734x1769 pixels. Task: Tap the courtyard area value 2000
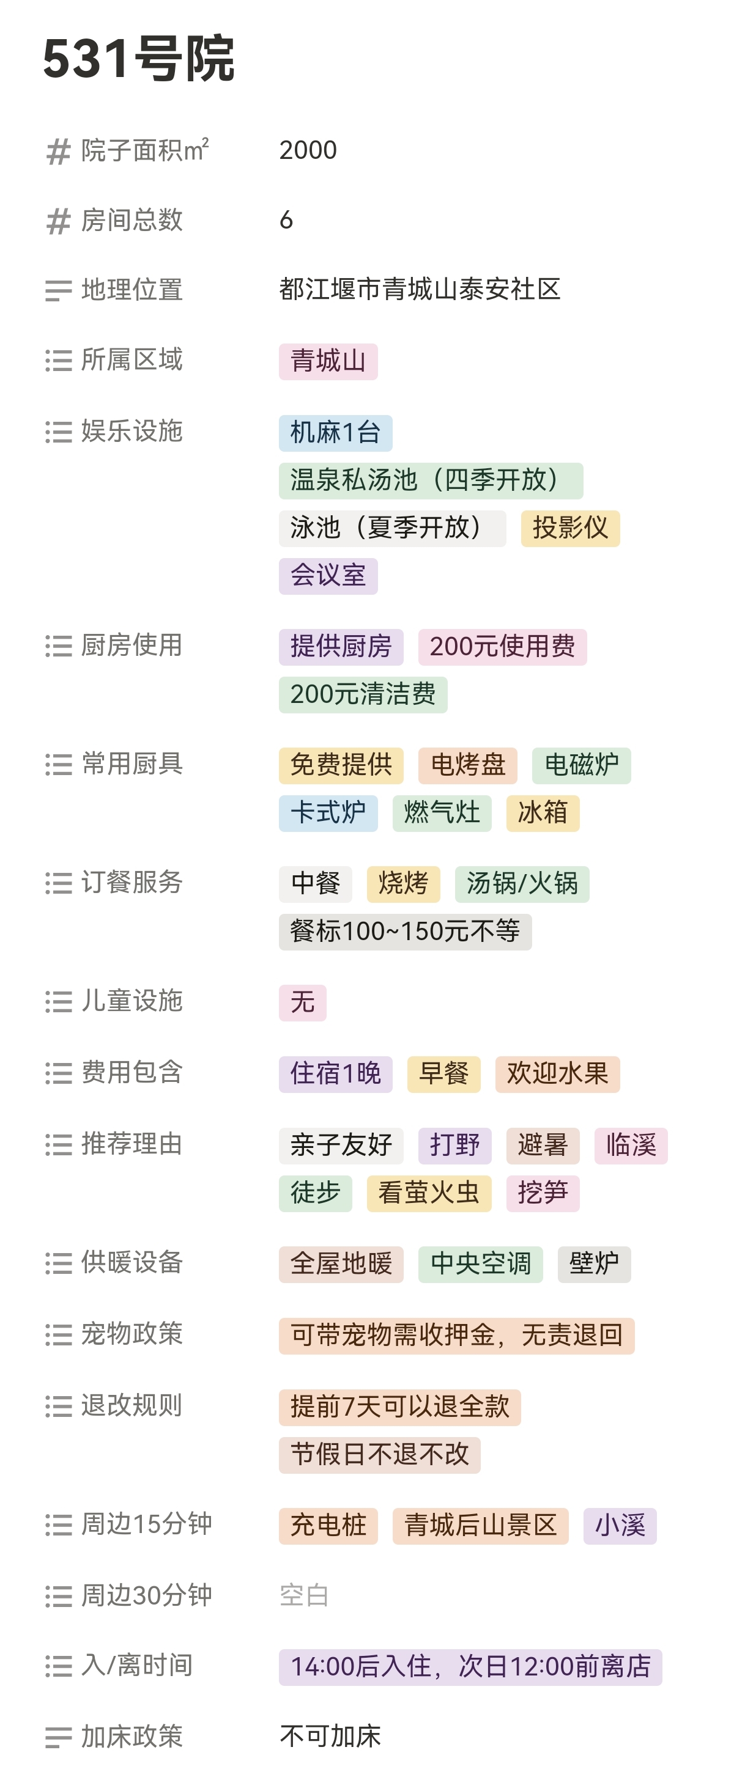click(x=308, y=150)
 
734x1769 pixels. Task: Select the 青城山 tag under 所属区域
click(x=328, y=361)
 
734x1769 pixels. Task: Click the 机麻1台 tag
click(x=335, y=433)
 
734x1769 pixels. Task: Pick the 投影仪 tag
click(x=569, y=528)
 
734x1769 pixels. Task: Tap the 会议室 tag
click(x=328, y=575)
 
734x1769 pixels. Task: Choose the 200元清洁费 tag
click(x=363, y=694)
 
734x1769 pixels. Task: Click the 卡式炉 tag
click(x=328, y=813)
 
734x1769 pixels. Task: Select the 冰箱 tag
click(x=543, y=813)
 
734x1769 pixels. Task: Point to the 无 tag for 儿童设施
click(x=302, y=1002)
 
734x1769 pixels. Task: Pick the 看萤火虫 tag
click(x=429, y=1193)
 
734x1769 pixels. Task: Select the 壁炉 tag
click(x=594, y=1263)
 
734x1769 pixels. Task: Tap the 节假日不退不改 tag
click(x=379, y=1454)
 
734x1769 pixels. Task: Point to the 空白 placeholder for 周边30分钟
click(x=304, y=1595)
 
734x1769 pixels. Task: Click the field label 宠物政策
click(x=132, y=1334)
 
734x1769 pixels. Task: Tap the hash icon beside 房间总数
click(x=59, y=221)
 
